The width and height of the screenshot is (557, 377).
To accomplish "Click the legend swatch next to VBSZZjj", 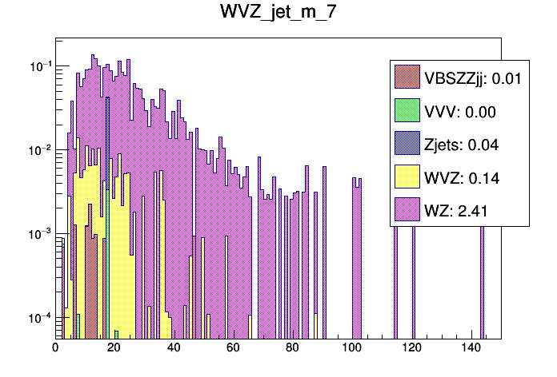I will [x=407, y=77].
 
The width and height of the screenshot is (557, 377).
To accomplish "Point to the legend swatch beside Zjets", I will [x=407, y=145].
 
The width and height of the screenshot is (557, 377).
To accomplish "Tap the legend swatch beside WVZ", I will [x=407, y=178].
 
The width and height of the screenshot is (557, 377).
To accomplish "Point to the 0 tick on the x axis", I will [x=55, y=348].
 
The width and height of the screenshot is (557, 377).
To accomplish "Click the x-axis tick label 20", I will [x=114, y=348].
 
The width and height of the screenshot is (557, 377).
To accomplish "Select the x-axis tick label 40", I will [x=174, y=348].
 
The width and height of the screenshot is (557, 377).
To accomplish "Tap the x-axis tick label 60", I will [x=234, y=348].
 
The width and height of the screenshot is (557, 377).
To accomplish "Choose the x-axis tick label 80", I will [x=293, y=348].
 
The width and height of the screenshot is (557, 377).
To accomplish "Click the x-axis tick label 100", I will [x=352, y=348].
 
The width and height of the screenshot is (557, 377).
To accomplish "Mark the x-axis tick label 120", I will [x=411, y=348].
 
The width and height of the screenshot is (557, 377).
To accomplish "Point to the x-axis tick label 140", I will [x=471, y=348].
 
